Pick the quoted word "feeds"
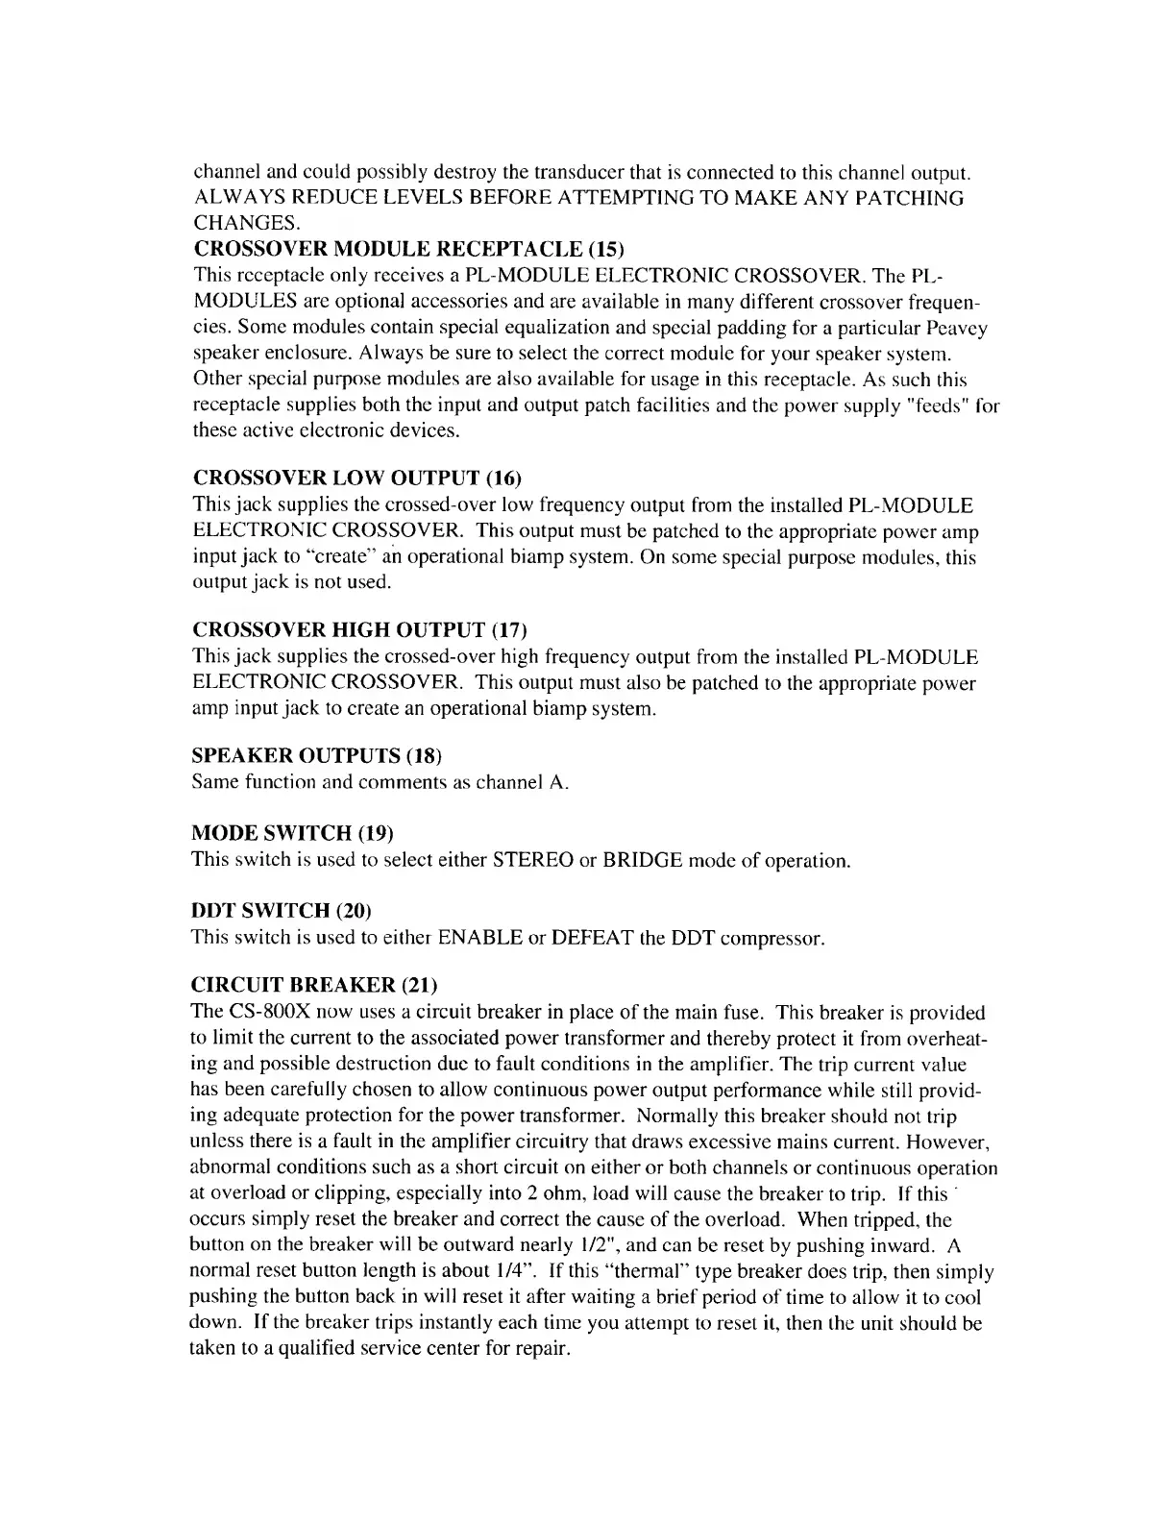(921, 406)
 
